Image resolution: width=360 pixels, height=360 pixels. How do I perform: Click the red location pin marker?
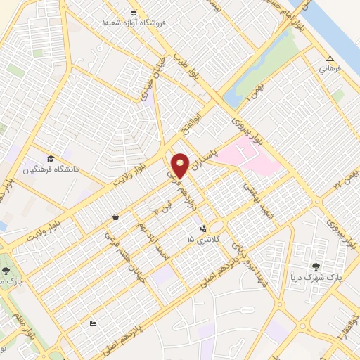click(180, 165)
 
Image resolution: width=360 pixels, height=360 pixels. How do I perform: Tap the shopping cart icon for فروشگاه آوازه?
click(134, 13)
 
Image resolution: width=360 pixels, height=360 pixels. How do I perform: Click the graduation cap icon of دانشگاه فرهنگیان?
click(50, 158)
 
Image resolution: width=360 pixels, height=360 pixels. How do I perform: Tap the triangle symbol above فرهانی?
click(330, 58)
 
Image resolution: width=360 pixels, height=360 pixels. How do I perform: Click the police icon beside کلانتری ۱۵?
click(203, 228)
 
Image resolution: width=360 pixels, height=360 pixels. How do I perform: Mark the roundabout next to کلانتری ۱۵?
click(216, 227)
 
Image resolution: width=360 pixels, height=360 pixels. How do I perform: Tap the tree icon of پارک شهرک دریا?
click(316, 266)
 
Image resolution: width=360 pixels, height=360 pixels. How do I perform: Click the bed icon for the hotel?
click(94, 323)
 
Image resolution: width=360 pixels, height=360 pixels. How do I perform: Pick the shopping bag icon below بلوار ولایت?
click(115, 217)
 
